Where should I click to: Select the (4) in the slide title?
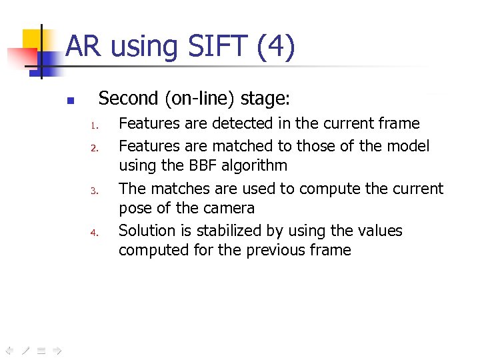click(x=273, y=47)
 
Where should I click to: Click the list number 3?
click(x=95, y=191)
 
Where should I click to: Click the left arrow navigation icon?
click(x=9, y=349)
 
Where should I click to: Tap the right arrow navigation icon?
click(x=57, y=349)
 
